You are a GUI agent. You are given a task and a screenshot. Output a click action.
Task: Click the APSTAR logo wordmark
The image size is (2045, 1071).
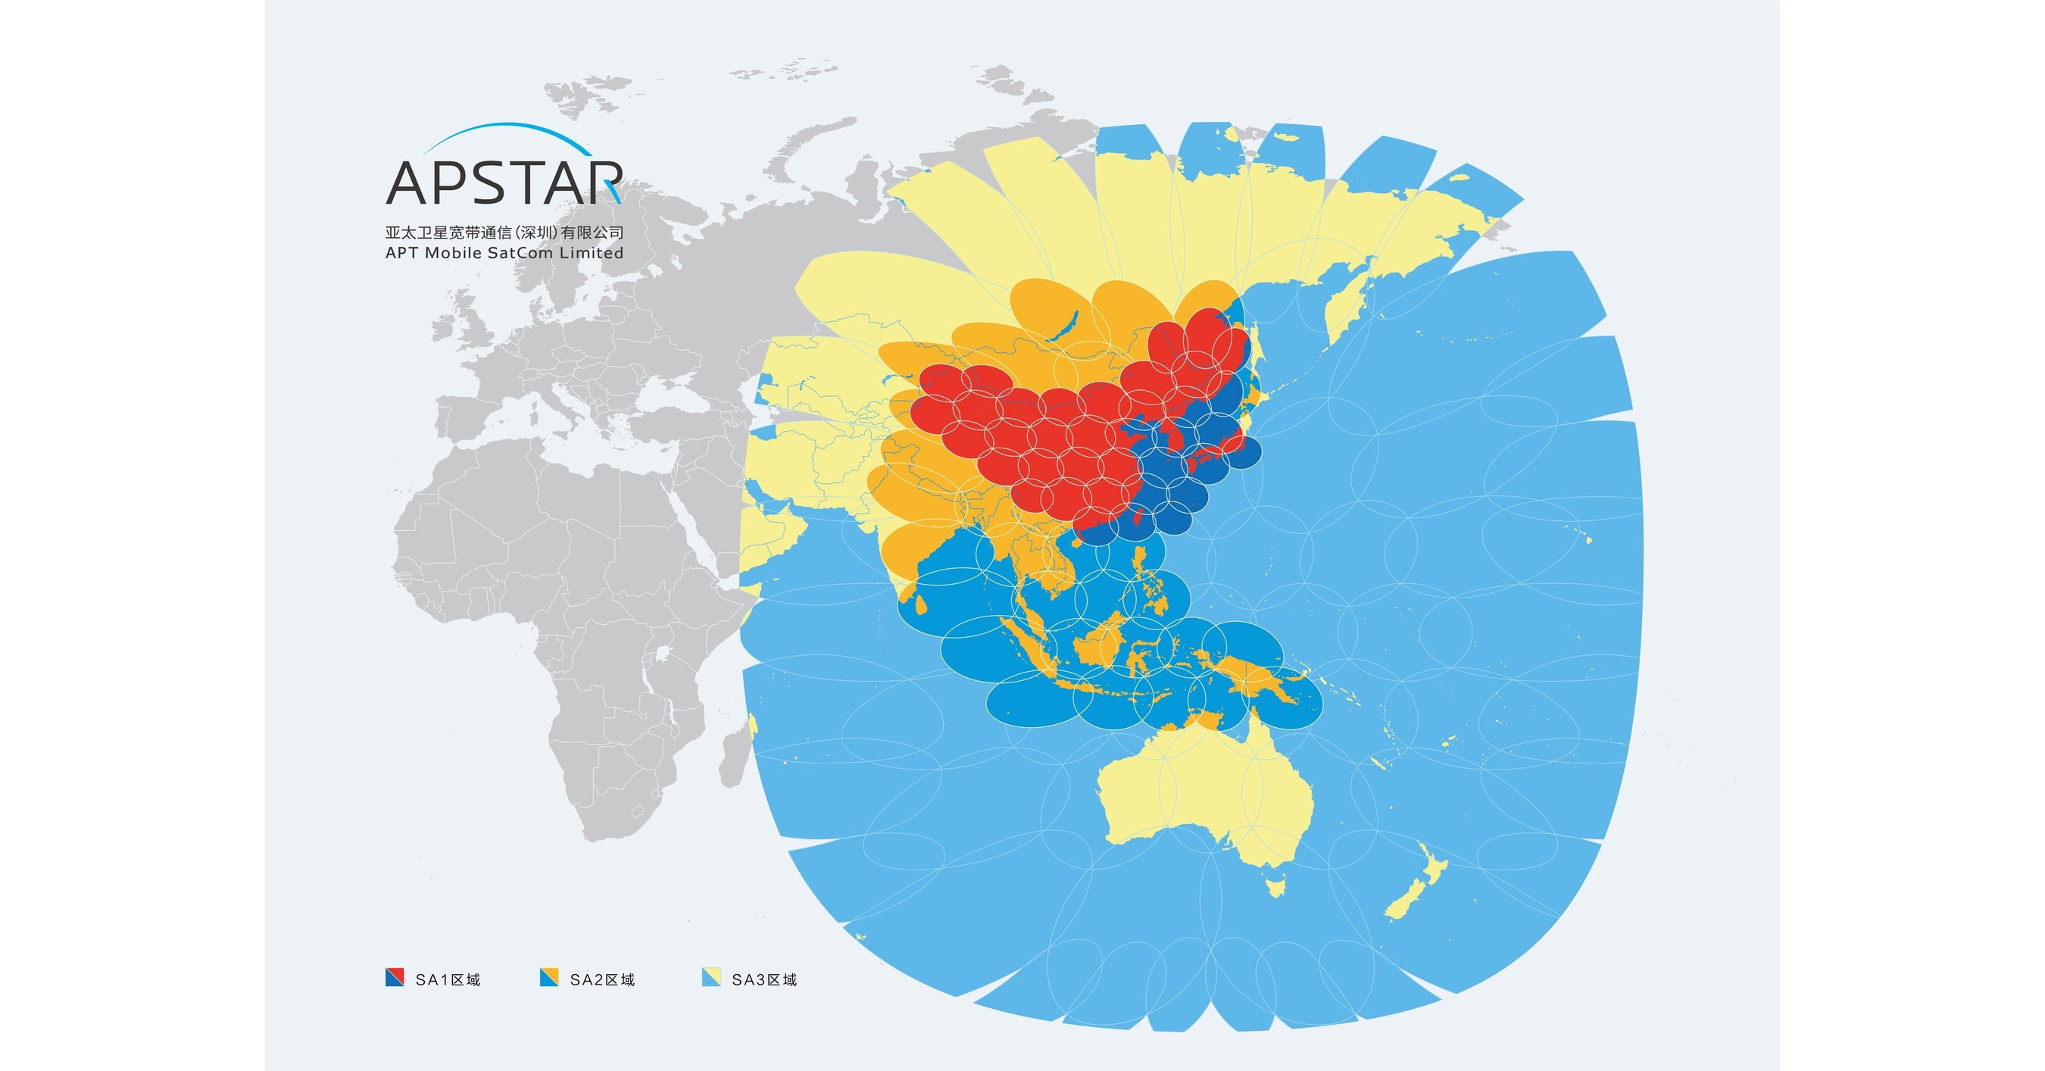(x=504, y=183)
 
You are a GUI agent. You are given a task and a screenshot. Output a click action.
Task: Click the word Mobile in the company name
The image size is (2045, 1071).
(x=453, y=253)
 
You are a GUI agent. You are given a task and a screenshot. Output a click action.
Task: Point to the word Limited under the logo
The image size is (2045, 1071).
(x=592, y=253)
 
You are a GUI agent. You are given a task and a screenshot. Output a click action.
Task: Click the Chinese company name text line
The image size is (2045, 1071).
(x=504, y=233)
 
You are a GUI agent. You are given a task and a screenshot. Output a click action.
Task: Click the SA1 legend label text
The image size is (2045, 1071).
(x=448, y=979)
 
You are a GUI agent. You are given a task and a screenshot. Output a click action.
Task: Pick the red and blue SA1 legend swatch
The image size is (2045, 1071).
(x=395, y=977)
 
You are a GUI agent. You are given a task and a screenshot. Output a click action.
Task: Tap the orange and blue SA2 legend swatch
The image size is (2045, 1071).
(x=548, y=977)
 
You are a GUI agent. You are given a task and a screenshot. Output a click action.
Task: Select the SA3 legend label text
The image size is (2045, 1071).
(x=764, y=979)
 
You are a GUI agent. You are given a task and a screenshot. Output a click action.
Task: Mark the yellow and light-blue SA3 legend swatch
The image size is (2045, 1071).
(x=711, y=977)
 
